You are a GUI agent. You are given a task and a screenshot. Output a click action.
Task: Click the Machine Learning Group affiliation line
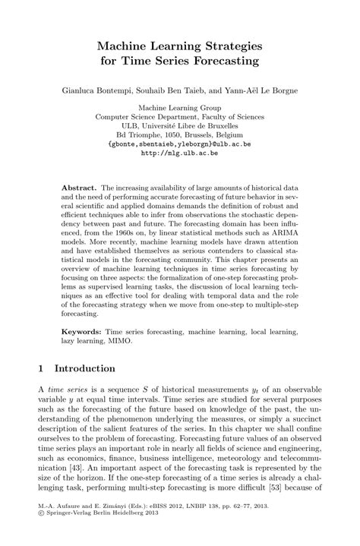(180, 108)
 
